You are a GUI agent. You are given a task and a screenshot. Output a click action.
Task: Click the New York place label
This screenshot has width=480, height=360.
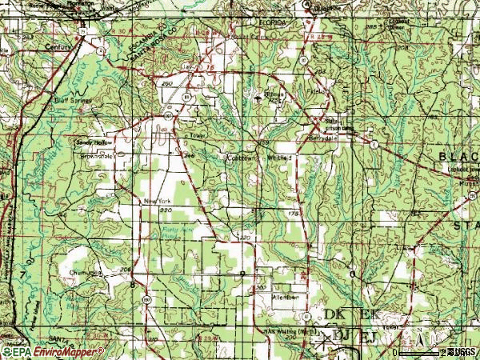(x=157, y=201)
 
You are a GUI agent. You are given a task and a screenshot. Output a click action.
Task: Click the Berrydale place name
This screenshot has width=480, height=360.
(x=326, y=138)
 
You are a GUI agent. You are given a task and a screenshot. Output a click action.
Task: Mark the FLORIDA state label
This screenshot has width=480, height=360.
(x=273, y=24)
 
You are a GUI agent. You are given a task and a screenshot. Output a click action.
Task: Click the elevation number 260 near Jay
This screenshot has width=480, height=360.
(x=167, y=82)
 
